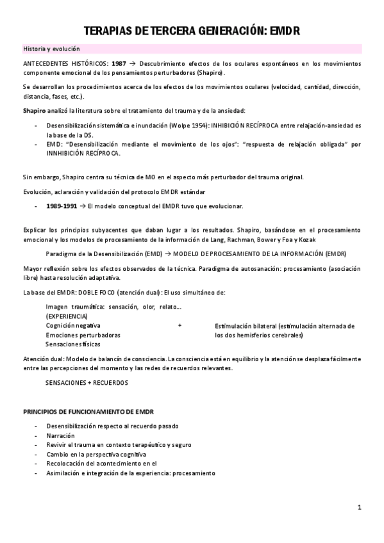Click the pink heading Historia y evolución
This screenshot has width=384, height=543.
click(51, 49)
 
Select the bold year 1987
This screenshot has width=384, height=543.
click(118, 64)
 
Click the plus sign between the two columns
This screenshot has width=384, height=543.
click(179, 326)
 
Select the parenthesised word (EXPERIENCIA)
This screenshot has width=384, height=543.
click(67, 316)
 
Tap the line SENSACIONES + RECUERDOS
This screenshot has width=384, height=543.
click(87, 382)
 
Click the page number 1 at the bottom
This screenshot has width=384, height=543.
click(360, 508)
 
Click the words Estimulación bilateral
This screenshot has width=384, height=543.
click(241, 326)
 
